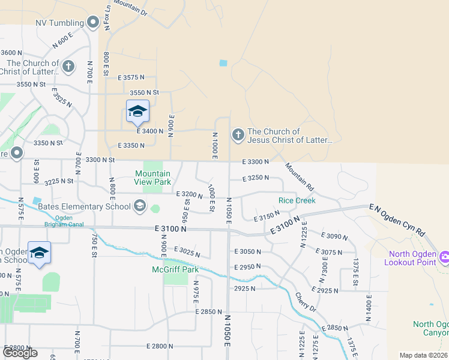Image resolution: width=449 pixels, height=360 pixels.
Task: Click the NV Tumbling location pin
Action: click(92, 23)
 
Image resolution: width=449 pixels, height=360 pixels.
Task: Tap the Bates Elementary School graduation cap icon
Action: click(140, 206)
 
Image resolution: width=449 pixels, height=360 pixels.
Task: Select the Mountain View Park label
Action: click(152, 178)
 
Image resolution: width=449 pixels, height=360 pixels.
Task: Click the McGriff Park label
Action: click(175, 269)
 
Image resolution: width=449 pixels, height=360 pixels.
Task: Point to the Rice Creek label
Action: click(297, 200)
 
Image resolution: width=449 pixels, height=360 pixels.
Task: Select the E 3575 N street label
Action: click(131, 77)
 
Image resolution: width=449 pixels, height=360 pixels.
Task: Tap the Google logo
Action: click(20, 352)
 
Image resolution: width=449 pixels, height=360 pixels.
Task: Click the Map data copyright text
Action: click(424, 355)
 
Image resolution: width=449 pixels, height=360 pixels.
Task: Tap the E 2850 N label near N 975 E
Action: click(208, 312)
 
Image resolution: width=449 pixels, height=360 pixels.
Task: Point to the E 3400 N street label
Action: click(150, 131)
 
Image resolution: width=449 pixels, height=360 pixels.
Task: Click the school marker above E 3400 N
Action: click(137, 111)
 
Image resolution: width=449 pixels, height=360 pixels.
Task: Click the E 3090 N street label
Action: click(334, 236)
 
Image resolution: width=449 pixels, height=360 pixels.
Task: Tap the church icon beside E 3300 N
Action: click(238, 135)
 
